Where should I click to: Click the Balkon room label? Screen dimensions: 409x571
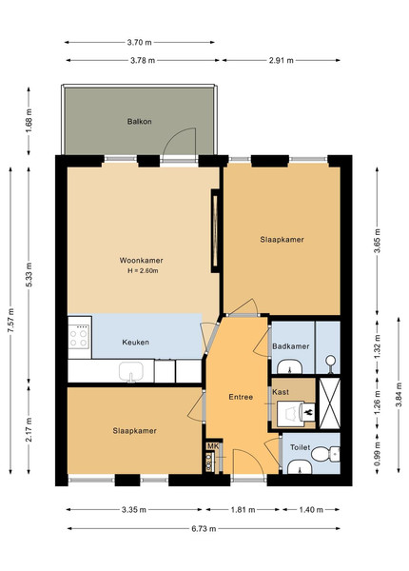click(x=140, y=122)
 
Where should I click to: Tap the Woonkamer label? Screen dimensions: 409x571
click(x=141, y=261)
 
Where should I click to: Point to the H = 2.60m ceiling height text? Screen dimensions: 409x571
click(x=143, y=271)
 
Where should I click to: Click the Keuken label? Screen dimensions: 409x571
click(x=135, y=343)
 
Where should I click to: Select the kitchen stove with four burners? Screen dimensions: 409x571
click(x=80, y=338)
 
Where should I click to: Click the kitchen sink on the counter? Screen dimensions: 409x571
click(x=131, y=372)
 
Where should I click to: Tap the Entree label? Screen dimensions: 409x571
click(x=241, y=397)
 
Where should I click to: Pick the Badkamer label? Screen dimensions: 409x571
click(x=291, y=346)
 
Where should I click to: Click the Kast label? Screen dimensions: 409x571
click(x=281, y=392)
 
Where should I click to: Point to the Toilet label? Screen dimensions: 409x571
click(x=301, y=447)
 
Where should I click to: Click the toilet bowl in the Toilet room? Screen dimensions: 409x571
click(x=325, y=454)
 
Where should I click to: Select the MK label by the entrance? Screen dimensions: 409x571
click(x=213, y=446)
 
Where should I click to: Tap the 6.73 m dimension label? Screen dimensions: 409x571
click(x=204, y=529)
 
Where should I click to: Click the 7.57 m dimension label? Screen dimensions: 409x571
click(x=11, y=321)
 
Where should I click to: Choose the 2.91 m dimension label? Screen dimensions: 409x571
click(x=282, y=61)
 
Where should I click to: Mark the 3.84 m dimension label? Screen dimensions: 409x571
click(x=399, y=395)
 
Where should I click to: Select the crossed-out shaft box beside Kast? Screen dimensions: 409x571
click(x=330, y=404)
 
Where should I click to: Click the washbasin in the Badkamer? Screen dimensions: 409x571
click(x=290, y=366)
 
